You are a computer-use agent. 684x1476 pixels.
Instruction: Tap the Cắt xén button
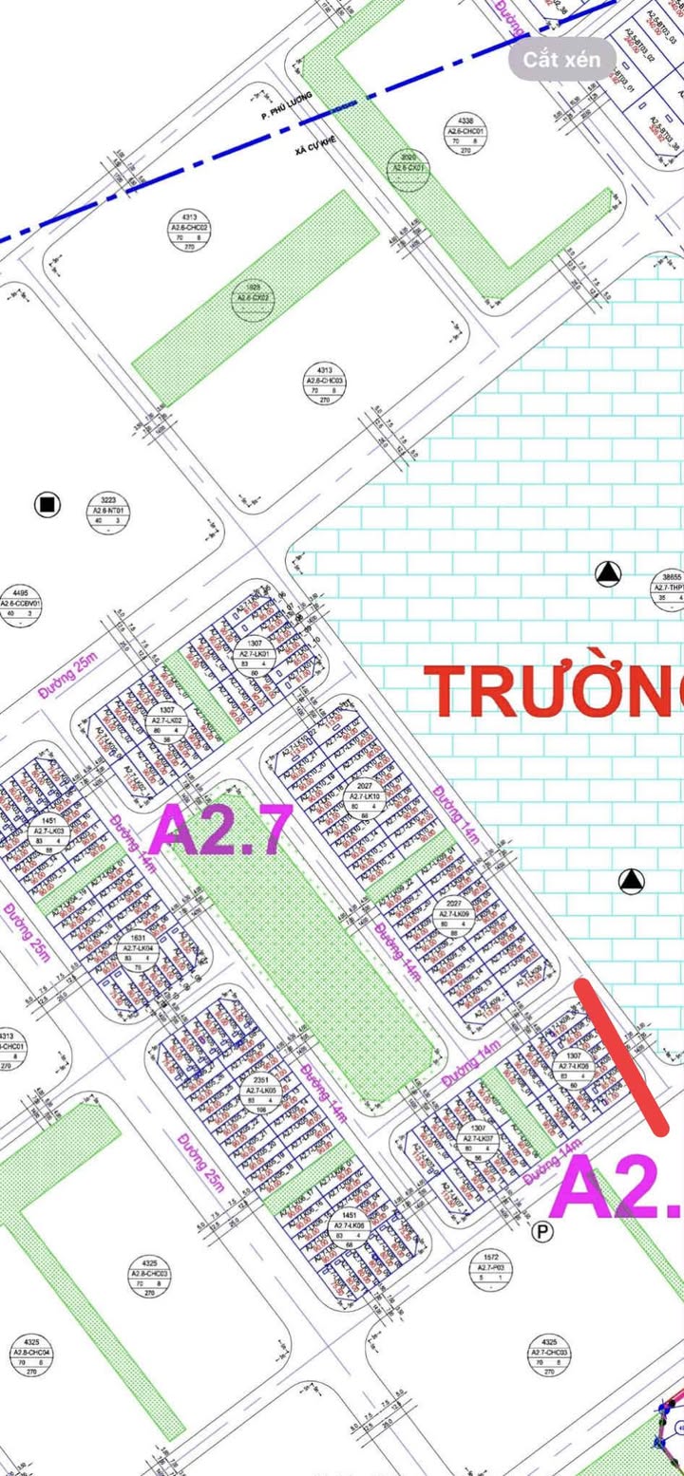[561, 59]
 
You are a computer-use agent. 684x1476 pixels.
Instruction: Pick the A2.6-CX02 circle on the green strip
[253, 293]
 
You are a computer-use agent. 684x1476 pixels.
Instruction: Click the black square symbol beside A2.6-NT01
[47, 505]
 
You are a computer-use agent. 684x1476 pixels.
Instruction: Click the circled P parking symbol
[542, 1232]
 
